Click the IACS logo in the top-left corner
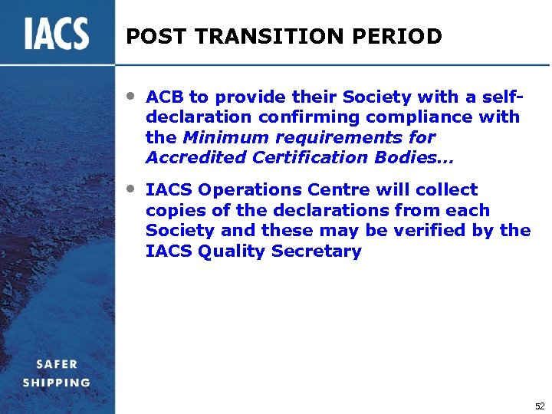[x=57, y=33]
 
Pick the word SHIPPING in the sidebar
[x=56, y=382]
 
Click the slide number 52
[x=539, y=405]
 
